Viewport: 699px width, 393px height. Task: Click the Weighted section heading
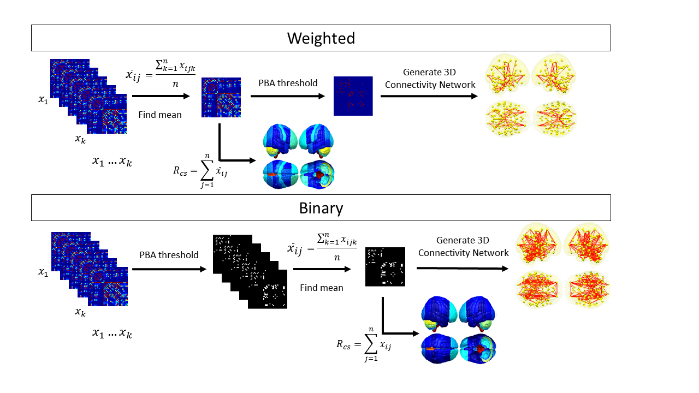[321, 38]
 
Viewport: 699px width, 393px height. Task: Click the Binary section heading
[321, 208]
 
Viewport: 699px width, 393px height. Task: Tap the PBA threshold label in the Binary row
[169, 255]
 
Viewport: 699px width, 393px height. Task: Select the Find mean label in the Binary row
[322, 287]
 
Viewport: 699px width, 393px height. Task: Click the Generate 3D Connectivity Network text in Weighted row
[429, 78]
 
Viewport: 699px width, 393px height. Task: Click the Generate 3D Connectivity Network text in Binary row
[463, 246]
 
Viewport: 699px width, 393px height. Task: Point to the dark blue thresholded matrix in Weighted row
[353, 96]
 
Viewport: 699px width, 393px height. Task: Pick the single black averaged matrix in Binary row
[385, 266]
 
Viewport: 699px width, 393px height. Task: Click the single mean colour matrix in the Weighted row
[221, 97]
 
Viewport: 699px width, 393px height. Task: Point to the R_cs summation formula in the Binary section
[363, 344]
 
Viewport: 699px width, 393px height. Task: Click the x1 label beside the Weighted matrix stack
[43, 99]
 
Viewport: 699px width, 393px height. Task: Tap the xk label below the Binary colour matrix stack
[80, 313]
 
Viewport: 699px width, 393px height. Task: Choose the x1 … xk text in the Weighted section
[112, 162]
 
